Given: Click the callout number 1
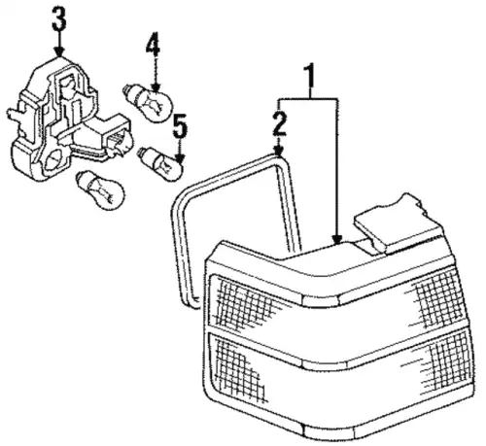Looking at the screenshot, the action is (x=309, y=76).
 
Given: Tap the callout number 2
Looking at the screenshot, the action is (x=279, y=123).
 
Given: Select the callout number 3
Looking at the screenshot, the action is (x=59, y=18).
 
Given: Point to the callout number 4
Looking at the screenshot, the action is (x=153, y=43).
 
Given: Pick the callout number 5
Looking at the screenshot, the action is (x=180, y=126).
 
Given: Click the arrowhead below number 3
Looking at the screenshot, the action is (x=59, y=51).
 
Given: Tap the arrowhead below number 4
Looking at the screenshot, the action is (x=156, y=86).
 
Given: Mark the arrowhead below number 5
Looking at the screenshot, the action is (x=180, y=158).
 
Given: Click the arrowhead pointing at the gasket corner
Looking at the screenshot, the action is (x=279, y=151).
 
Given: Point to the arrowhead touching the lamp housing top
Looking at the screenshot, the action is (x=337, y=240).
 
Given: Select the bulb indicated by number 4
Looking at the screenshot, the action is (x=149, y=102).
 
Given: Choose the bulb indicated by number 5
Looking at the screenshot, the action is (x=161, y=162).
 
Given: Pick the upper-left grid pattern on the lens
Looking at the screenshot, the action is (x=247, y=303).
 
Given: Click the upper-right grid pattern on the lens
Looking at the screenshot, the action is (x=439, y=298).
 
